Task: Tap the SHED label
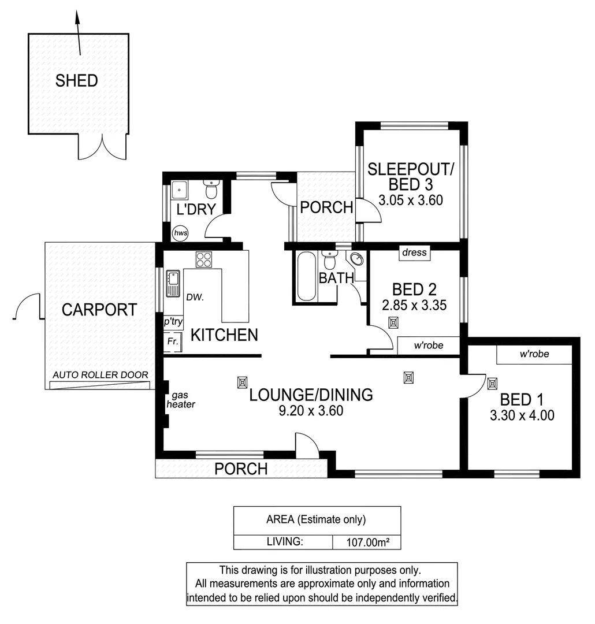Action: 76,81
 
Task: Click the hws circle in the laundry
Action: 180,233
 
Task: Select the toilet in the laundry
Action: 211,188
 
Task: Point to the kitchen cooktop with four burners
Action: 203,259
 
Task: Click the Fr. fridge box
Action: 172,342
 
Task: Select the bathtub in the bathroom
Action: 306,277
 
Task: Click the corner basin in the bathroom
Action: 356,259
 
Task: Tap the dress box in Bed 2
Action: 414,252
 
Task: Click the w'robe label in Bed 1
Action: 534,354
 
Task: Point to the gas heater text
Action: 181,400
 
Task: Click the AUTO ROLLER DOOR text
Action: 101,375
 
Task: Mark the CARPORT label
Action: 99,310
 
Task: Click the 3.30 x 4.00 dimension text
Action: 522,415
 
